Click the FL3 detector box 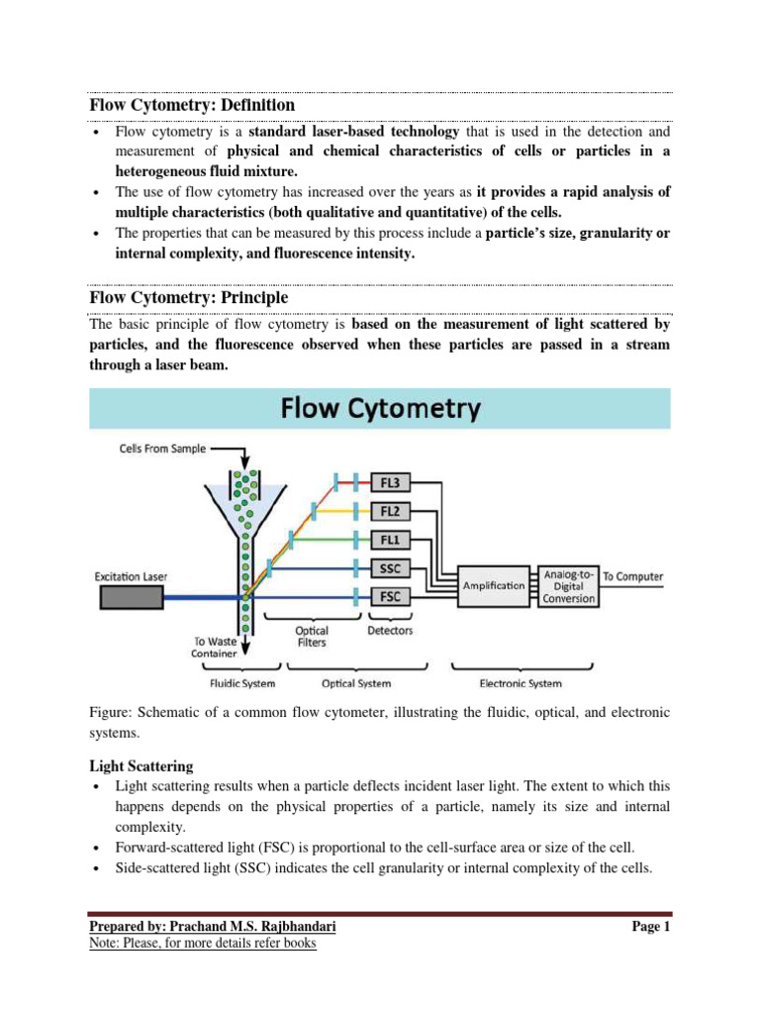(x=392, y=482)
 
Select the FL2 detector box (x=392, y=512)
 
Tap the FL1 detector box (x=392, y=542)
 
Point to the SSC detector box (x=392, y=570)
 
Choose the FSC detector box (x=392, y=598)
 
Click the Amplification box (x=494, y=584)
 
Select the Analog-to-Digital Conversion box (x=569, y=584)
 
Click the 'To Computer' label (x=633, y=576)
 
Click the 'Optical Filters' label (x=313, y=636)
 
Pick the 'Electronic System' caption (x=521, y=683)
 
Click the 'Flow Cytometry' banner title (x=380, y=408)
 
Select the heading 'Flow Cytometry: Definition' (x=192, y=105)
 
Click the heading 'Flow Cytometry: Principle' (x=189, y=296)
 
